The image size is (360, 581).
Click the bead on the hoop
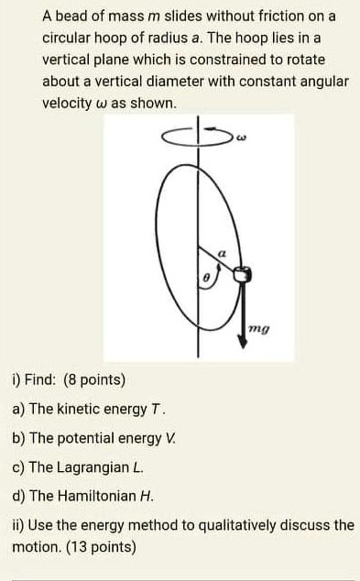point(243,273)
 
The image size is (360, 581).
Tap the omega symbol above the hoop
point(241,140)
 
